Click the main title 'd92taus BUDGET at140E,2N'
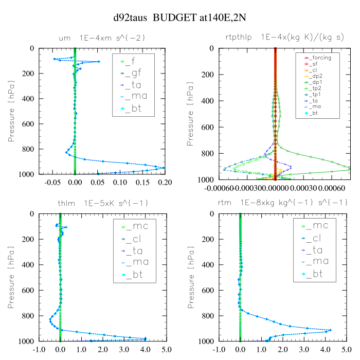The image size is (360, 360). click(x=179, y=17)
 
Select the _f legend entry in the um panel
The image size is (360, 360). click(x=134, y=62)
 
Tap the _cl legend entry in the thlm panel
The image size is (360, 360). click(x=136, y=238)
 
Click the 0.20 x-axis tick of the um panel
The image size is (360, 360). click(x=165, y=183)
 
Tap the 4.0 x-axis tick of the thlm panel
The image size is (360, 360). click(x=146, y=348)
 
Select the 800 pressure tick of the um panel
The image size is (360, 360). click(x=29, y=149)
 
